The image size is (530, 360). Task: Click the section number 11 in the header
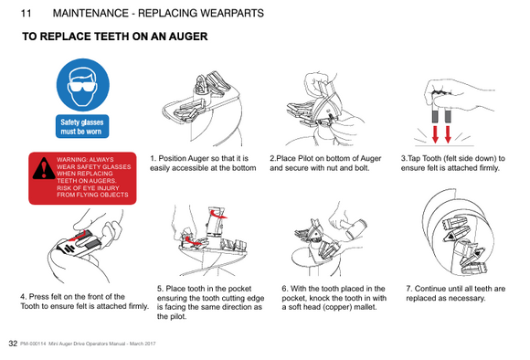tap(25, 14)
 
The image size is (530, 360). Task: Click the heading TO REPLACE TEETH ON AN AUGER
tap(115, 37)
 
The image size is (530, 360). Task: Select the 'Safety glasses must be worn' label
tap(82, 126)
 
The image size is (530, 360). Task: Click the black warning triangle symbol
tap(43, 170)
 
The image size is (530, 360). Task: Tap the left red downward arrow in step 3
tap(436, 134)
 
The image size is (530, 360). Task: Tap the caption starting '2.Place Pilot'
tap(325, 163)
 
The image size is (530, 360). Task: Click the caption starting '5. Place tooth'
tap(210, 302)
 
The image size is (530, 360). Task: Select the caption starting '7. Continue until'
tap(455, 293)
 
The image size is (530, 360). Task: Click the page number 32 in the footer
tap(12, 343)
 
